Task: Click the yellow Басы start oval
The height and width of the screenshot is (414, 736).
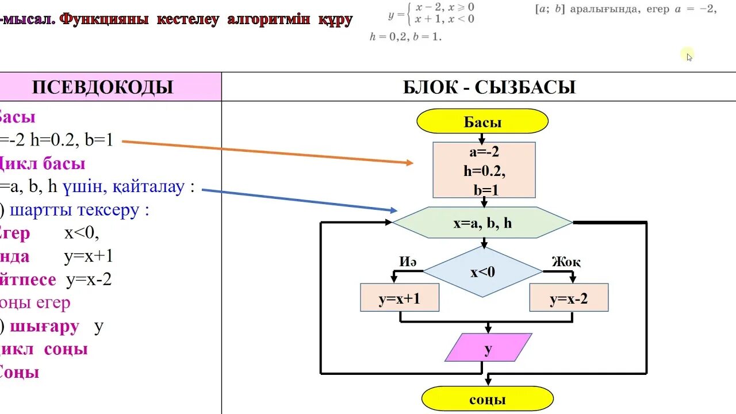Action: pyautogui.click(x=482, y=121)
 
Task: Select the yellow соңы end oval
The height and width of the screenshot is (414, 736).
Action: pyautogui.click(x=487, y=398)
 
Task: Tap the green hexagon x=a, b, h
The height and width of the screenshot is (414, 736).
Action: pyautogui.click(x=482, y=223)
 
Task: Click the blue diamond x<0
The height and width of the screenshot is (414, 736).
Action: pyautogui.click(x=482, y=272)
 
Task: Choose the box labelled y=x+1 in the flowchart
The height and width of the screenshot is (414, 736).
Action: pyautogui.click(x=399, y=298)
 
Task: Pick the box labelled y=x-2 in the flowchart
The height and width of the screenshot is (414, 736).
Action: pyautogui.click(x=569, y=298)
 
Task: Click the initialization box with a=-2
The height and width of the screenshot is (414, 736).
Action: pyautogui.click(x=484, y=170)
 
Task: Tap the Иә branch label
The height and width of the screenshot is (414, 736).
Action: pyautogui.click(x=408, y=262)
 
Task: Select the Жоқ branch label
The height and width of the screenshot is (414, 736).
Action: pyautogui.click(x=566, y=262)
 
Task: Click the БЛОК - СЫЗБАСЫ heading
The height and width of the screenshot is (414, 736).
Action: pyautogui.click(x=489, y=87)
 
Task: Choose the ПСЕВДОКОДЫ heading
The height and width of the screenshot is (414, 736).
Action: pyautogui.click(x=102, y=87)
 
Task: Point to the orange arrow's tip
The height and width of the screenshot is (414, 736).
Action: pyautogui.click(x=412, y=163)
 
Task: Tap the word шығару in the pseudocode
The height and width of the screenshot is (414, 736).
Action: pyautogui.click(x=45, y=327)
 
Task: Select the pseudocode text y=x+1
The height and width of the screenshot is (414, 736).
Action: pyautogui.click(x=89, y=256)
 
